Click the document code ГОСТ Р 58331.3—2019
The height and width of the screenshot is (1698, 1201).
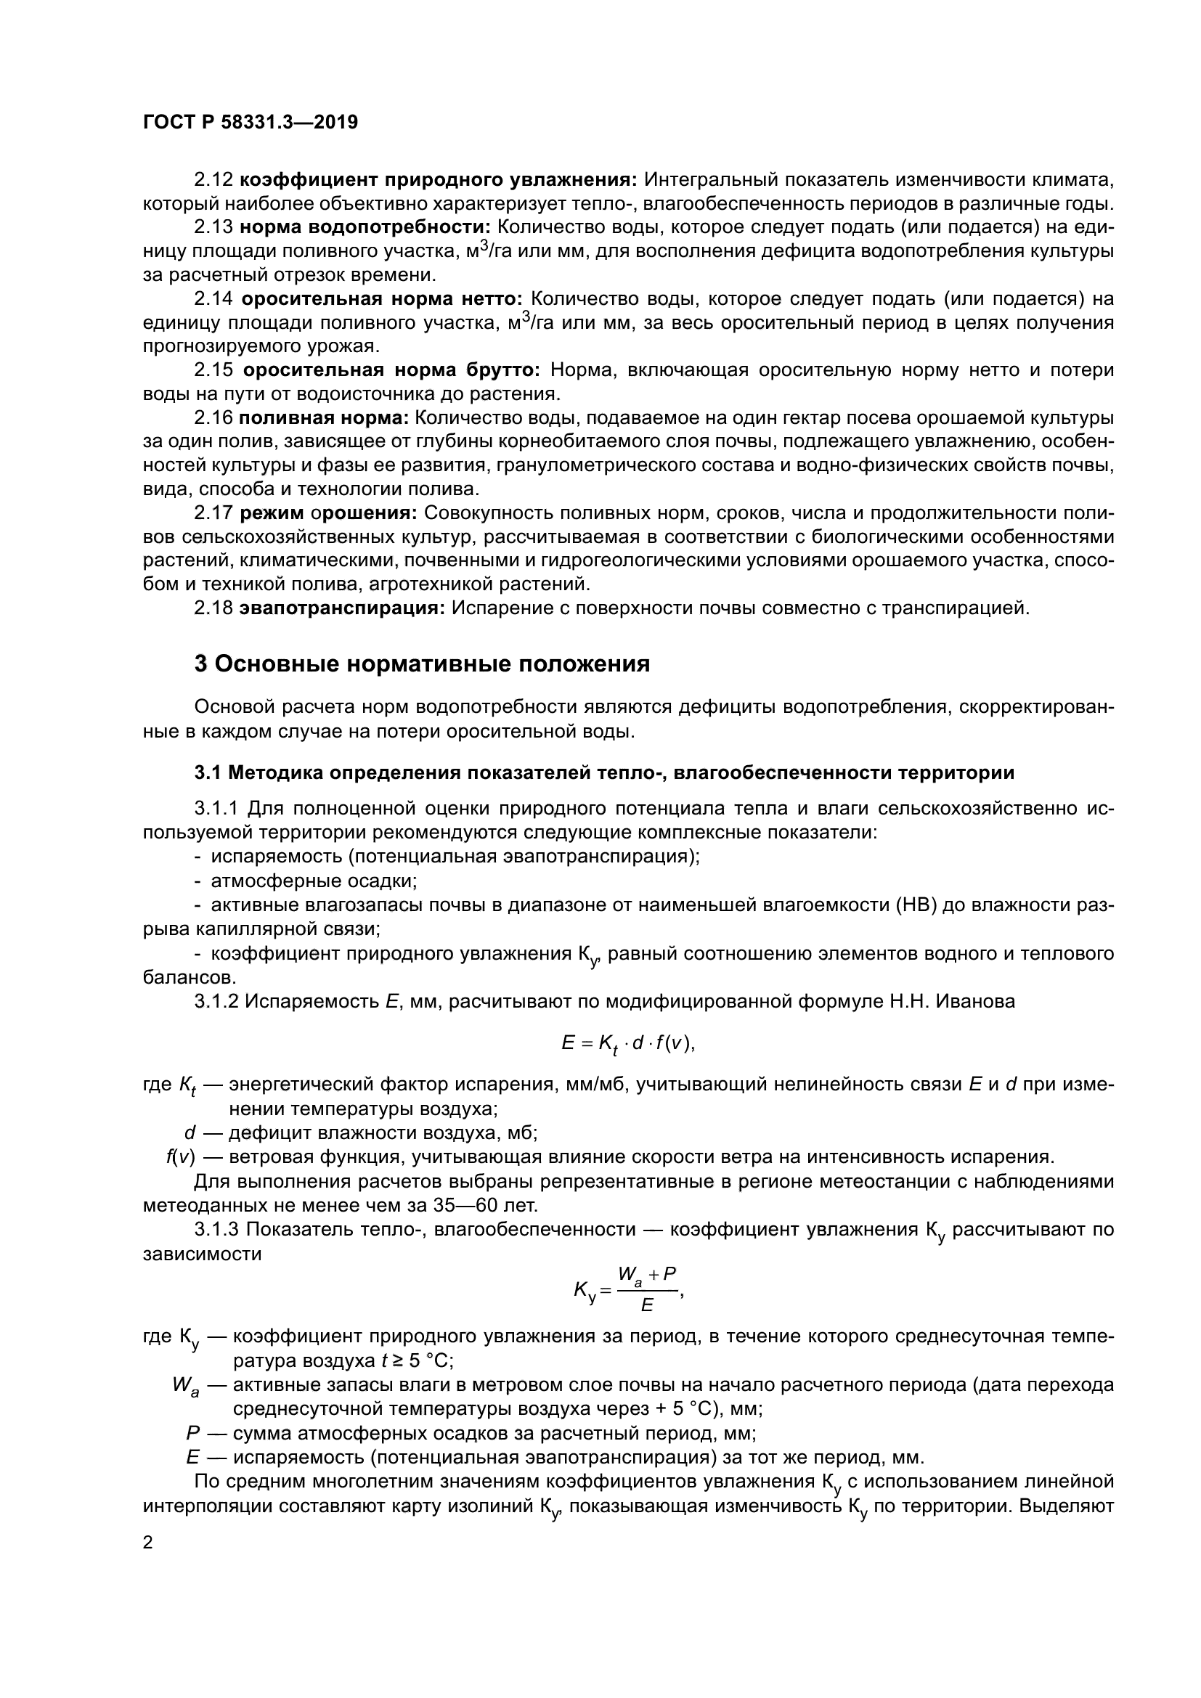250,122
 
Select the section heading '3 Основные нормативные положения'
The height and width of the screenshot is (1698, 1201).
422,664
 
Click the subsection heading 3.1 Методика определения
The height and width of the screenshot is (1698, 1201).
604,773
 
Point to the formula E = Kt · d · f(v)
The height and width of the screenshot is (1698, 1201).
628,1043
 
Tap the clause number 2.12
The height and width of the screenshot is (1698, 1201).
213,180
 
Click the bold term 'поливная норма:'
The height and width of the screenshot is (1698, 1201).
324,418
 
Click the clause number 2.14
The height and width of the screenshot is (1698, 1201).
213,299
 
